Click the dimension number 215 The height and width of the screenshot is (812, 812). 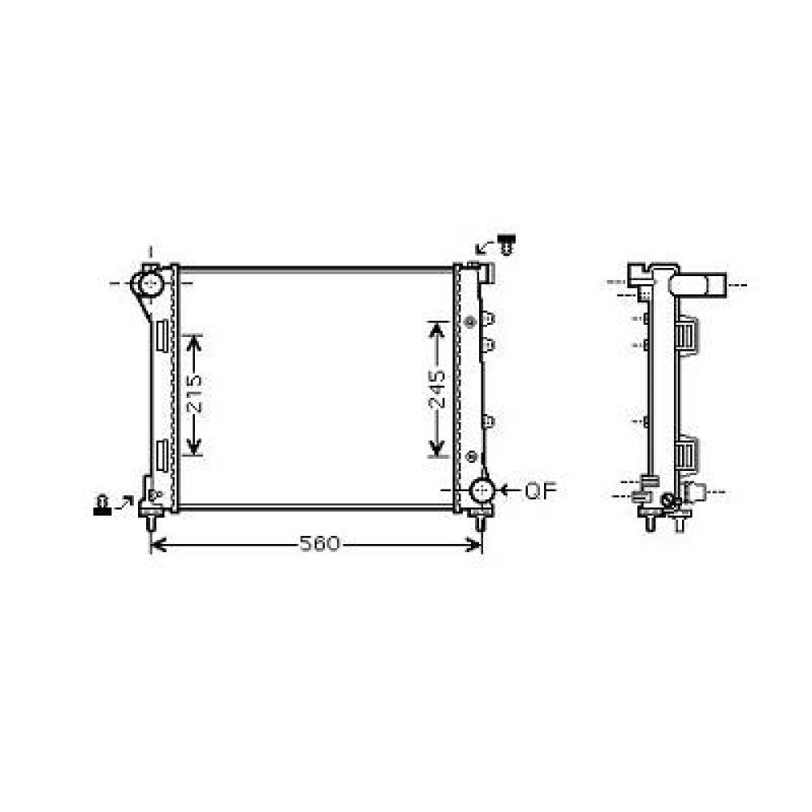tap(193, 395)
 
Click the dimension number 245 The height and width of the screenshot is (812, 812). tap(438, 389)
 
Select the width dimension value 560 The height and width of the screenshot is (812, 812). tap(318, 545)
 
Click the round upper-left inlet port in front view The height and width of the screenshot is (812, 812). tap(150, 283)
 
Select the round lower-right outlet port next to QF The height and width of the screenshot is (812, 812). tap(482, 490)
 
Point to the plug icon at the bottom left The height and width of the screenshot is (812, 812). tap(101, 505)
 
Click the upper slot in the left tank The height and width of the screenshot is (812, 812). tap(161, 335)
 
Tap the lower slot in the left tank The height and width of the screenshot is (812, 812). tap(161, 455)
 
